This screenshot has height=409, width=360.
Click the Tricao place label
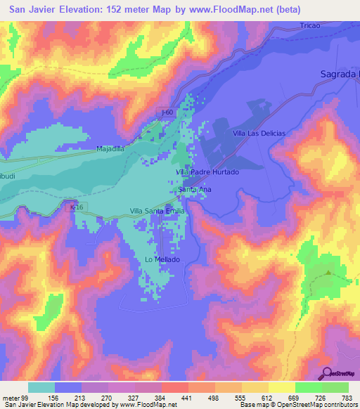(310, 25)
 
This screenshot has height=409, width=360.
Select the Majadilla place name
(110, 149)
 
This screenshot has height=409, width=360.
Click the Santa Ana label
(195, 190)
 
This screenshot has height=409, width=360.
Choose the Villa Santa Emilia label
(157, 211)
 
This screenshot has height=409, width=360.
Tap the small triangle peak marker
(328, 272)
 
